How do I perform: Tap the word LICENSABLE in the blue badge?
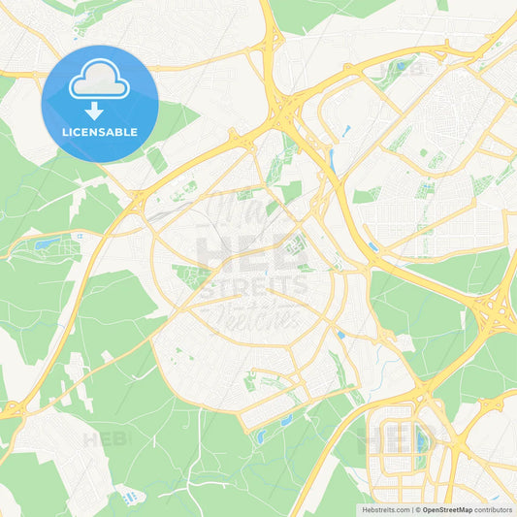pyautogui.click(x=100, y=132)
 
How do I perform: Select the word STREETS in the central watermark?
pyautogui.click(x=252, y=285)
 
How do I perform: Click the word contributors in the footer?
pyautogui.click(x=494, y=509)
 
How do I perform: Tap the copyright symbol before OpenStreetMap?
pyautogui.click(x=419, y=509)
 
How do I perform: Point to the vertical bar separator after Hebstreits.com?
pyautogui.click(x=412, y=509)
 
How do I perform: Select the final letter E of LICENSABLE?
pyautogui.click(x=134, y=132)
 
